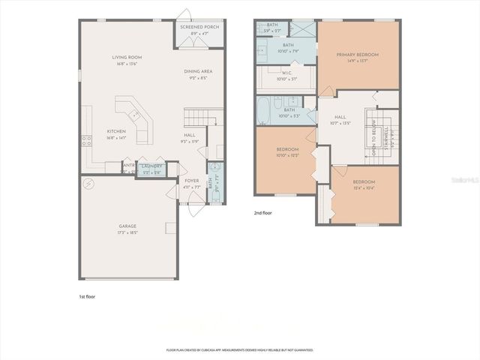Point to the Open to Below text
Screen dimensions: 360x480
coord(373,139)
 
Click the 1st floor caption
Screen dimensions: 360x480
coord(87,297)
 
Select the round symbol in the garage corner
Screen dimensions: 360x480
coord(89,184)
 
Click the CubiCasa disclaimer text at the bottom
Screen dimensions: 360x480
coord(239,350)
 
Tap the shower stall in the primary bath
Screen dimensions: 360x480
coord(301,29)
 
